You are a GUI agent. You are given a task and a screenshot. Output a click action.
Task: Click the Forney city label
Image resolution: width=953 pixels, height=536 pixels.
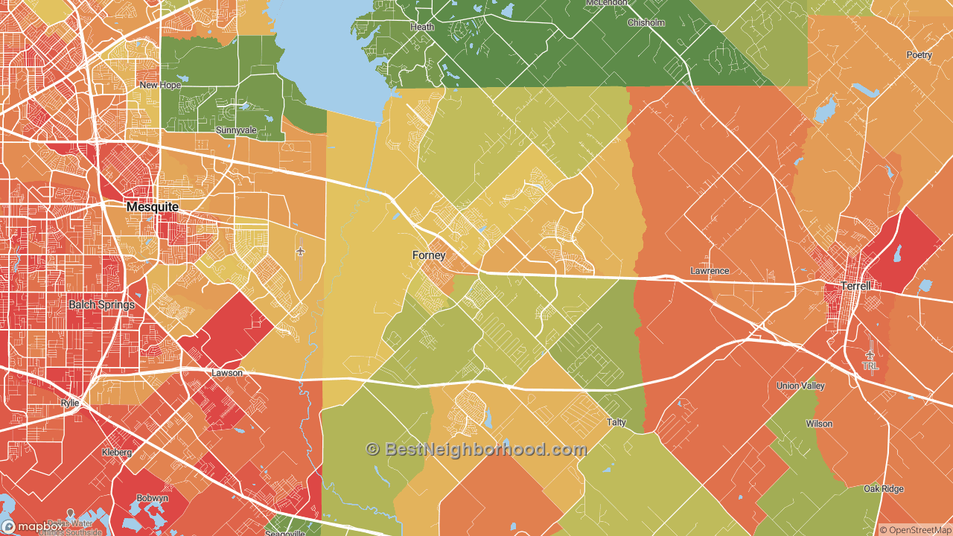[x=429, y=255]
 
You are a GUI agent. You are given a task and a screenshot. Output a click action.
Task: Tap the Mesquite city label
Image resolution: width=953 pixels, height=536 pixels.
[x=152, y=206]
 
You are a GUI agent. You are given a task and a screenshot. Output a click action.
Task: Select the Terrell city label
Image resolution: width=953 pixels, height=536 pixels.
[x=855, y=286]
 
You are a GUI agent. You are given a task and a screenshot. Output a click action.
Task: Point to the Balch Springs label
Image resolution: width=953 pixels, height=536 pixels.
[x=102, y=304]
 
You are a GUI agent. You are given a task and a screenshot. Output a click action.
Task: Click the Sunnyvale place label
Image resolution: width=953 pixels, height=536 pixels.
[x=236, y=130]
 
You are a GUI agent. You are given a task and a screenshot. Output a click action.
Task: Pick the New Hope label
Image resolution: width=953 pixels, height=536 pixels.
[x=160, y=86]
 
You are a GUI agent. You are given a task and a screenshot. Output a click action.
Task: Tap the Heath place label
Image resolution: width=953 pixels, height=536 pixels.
[x=422, y=27]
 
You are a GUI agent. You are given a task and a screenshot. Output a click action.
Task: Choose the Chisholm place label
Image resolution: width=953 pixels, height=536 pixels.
[x=646, y=23]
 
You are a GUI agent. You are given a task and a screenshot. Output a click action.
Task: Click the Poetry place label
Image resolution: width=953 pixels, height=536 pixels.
[x=919, y=55]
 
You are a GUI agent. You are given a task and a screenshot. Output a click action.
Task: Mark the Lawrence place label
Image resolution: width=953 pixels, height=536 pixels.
[x=710, y=271]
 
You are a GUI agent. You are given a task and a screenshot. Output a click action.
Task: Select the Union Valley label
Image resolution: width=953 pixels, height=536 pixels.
[x=800, y=386]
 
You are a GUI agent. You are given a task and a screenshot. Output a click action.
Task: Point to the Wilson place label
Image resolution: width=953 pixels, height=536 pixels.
[x=819, y=424]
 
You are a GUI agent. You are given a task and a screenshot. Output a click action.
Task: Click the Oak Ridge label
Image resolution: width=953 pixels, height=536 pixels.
[x=884, y=489]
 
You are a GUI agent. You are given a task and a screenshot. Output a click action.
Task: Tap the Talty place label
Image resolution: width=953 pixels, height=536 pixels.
[x=616, y=422]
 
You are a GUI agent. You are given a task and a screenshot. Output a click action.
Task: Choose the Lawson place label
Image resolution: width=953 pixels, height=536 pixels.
[x=227, y=373]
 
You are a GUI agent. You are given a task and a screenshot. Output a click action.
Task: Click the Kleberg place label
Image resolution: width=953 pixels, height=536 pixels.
[x=117, y=452]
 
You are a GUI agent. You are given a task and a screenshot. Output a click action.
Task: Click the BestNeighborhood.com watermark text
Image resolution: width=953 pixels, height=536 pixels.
[x=476, y=449]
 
